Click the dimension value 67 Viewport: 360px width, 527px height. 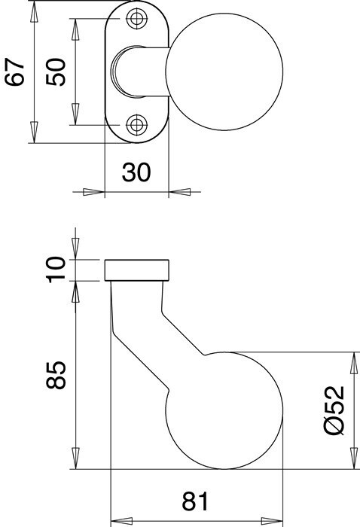pyautogui.click(x=15, y=72)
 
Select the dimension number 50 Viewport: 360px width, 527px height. pyautogui.click(x=56, y=72)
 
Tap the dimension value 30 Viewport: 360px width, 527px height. pyautogui.click(x=136, y=172)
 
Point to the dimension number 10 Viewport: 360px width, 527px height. pyautogui.click(x=56, y=270)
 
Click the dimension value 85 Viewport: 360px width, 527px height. pyautogui.click(x=56, y=375)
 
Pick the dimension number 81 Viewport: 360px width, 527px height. pyautogui.click(x=195, y=501)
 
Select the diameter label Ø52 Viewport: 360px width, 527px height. pyautogui.click(x=334, y=410)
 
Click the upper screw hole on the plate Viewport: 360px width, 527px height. pyautogui.click(x=137, y=19)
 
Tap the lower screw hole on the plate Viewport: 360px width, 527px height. pyautogui.click(x=137, y=125)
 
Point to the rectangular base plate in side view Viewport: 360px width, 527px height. pyautogui.click(x=136, y=270)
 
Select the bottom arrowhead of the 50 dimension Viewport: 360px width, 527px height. pyautogui.click(x=75, y=114)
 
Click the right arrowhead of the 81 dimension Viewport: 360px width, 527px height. pyautogui.click(x=272, y=521)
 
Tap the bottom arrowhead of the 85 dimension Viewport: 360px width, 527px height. pyautogui.click(x=75, y=458)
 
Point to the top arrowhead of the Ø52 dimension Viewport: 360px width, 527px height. pyautogui.click(x=353, y=363)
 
